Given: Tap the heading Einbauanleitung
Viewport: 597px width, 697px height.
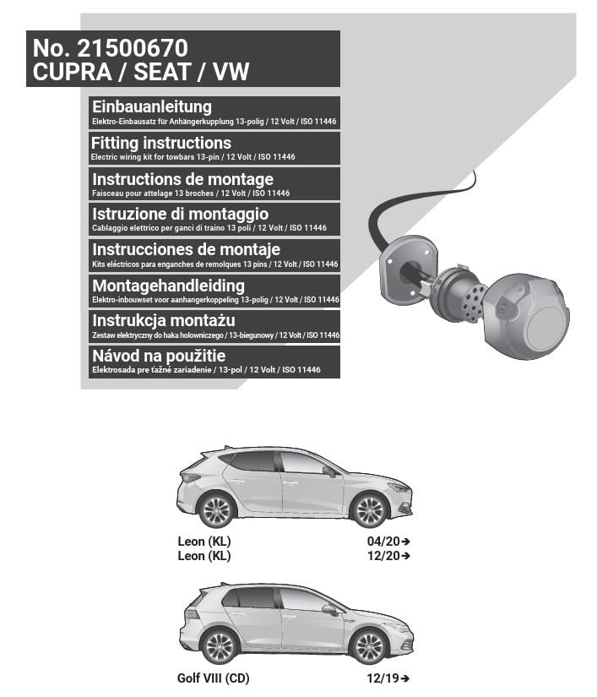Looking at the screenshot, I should coord(152,107).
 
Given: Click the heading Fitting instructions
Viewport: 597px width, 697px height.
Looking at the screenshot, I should coord(161,143).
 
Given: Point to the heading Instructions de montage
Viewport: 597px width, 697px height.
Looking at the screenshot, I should coord(182,179).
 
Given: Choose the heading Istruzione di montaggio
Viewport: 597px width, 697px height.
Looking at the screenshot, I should coord(180,215).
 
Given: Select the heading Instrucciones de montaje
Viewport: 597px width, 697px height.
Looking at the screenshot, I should coord(186,250).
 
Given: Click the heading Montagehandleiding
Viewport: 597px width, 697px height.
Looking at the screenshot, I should coord(168,286).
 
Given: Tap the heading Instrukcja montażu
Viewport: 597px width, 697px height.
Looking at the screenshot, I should coord(164,321).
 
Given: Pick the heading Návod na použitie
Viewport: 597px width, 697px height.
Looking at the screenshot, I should coord(159,357).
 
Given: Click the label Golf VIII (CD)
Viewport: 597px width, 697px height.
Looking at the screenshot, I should coord(214,678).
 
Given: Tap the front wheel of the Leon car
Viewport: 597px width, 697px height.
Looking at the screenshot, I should coord(369,509).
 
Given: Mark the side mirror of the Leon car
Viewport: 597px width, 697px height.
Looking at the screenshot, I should coord(328,471).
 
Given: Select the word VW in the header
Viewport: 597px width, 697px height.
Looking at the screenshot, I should coord(231,72).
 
